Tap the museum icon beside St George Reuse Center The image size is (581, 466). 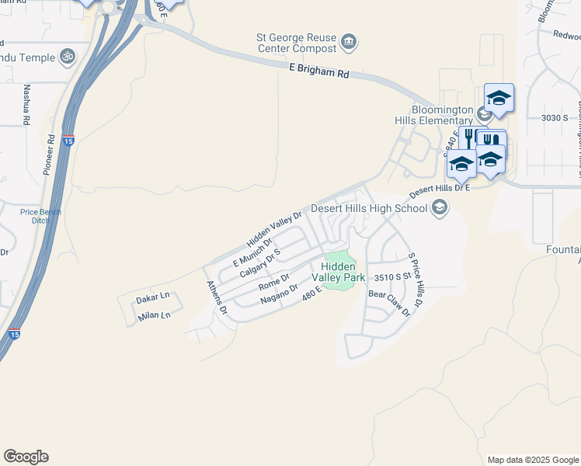pos(349,40)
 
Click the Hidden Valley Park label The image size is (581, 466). pos(339,272)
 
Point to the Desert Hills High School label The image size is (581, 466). pos(369,208)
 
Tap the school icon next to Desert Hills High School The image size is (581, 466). pos(440,207)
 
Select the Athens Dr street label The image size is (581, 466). pos(215,297)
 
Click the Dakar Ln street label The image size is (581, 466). pos(152,297)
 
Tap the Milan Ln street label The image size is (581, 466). pos(153,315)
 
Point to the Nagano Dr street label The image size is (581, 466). pos(280,294)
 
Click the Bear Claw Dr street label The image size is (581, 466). pos(388,304)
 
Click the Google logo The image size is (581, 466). pos(26,457)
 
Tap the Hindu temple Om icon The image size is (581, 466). pos(67,57)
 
